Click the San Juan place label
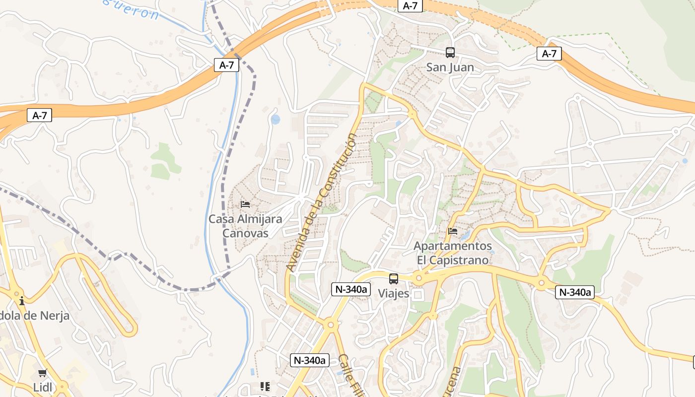pos(450,67)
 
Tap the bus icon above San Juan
pos(450,52)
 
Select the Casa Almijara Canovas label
pos(245,226)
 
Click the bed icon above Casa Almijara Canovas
pos(245,204)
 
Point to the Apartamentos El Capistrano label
pos(452,253)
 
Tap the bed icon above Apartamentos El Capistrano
pos(452,231)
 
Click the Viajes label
pos(394,293)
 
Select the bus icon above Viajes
pos(394,278)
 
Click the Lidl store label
pos(42,387)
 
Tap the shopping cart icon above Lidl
pos(42,373)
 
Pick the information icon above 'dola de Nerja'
pos(22,301)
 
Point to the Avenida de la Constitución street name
pos(322,202)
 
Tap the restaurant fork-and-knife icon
pos(265,386)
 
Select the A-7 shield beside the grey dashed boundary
pos(226,65)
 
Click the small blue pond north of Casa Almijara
pos(276,120)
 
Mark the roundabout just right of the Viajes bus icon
pos(418,278)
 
